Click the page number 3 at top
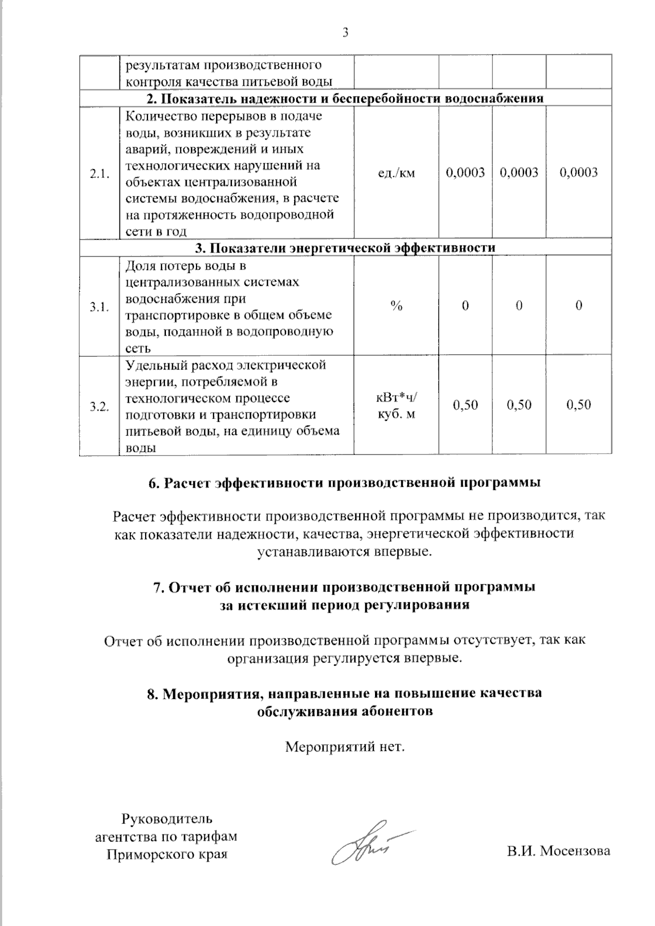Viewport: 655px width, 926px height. pos(345,33)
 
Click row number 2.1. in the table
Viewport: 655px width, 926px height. pos(99,174)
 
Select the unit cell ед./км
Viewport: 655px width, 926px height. pos(396,173)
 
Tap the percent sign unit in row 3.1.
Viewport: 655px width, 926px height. pos(396,306)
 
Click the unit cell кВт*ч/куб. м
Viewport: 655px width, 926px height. pos(396,406)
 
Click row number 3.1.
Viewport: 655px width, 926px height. pos(99,307)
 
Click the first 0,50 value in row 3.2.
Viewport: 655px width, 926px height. pos(465,405)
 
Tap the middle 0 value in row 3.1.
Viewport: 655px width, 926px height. pos(519,306)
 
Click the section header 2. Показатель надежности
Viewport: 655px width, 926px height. pos(345,98)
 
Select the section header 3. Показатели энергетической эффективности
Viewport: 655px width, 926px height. pos(345,248)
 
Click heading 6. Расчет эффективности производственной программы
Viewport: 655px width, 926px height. pos(345,483)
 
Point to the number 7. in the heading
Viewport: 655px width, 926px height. pos(158,588)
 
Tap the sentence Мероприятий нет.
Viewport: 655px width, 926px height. pos(345,745)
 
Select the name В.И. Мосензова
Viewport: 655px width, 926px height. pos(558,851)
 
